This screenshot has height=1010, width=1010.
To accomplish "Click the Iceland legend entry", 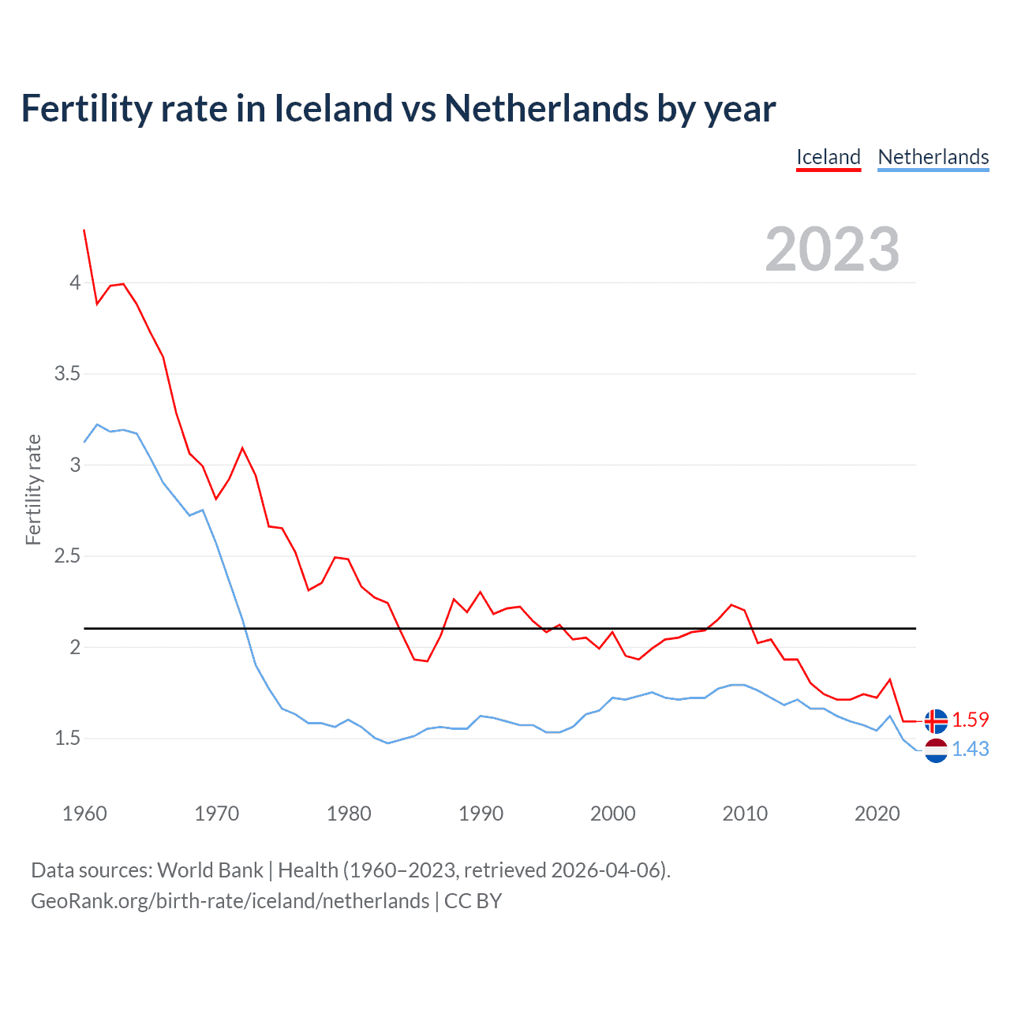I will pyautogui.click(x=828, y=157).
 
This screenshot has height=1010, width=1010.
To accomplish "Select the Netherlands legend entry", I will pyautogui.click(x=933, y=157).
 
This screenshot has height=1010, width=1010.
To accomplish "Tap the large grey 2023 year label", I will pyautogui.click(x=832, y=249).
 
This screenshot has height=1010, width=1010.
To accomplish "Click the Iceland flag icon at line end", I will pyautogui.click(x=936, y=720).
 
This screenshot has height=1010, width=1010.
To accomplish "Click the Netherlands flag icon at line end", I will pyautogui.click(x=936, y=750).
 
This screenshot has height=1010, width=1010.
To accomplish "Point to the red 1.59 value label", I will pyautogui.click(x=971, y=720).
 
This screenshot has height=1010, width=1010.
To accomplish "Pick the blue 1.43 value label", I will pyautogui.click(x=971, y=749).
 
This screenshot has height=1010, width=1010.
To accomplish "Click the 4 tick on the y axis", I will pyautogui.click(x=75, y=282).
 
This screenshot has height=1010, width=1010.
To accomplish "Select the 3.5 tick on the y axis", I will pyautogui.click(x=67, y=374).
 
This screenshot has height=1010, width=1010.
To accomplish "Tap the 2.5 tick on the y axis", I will pyautogui.click(x=67, y=556).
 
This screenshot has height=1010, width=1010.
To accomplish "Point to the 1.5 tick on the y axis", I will pyautogui.click(x=67, y=739).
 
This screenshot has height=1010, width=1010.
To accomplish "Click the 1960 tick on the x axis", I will pyautogui.click(x=84, y=814).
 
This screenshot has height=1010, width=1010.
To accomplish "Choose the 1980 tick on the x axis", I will pyautogui.click(x=349, y=814).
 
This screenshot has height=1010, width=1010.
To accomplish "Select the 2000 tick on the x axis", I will pyautogui.click(x=612, y=814).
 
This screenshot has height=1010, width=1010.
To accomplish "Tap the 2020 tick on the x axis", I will pyautogui.click(x=877, y=814).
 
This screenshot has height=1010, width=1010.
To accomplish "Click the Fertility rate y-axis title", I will pyautogui.click(x=33, y=489).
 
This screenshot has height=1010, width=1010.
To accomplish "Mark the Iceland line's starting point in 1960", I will pyautogui.click(x=84, y=230).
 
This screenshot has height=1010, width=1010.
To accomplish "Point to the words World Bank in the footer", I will pyautogui.click(x=210, y=870).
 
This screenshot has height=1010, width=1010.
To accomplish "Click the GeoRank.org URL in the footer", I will pyautogui.click(x=230, y=901).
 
